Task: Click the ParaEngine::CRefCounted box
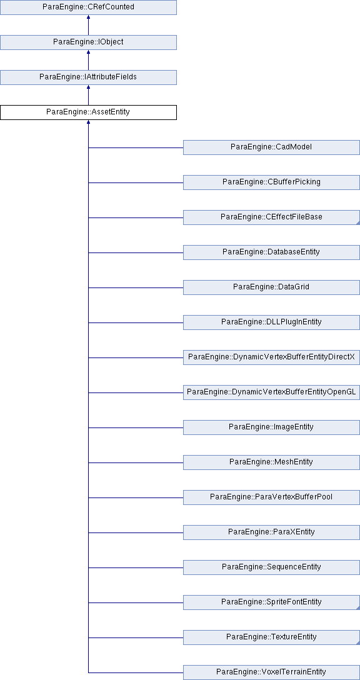pos(89,7)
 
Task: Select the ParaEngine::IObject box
pos(89,42)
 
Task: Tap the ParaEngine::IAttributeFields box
pos(89,77)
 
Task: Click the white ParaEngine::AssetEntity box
pos(89,112)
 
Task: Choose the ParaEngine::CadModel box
pos(271,147)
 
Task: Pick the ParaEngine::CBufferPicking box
pos(271,182)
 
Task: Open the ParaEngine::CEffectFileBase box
pos(271,217)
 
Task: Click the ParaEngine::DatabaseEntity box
pos(271,252)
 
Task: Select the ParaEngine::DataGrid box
pos(271,287)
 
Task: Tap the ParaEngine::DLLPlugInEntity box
pos(271,322)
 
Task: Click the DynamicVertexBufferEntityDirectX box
pos(271,357)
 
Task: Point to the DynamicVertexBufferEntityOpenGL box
pos(271,392)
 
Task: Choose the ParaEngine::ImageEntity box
pos(271,427)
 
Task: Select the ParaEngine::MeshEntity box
pos(271,462)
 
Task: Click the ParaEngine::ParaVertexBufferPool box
pos(271,497)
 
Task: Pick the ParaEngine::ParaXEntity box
pos(271,532)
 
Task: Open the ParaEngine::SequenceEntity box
pos(271,567)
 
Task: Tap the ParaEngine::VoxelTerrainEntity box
pos(271,672)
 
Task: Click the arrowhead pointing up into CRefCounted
pos(89,17)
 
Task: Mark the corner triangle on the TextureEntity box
pos(358,642)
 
